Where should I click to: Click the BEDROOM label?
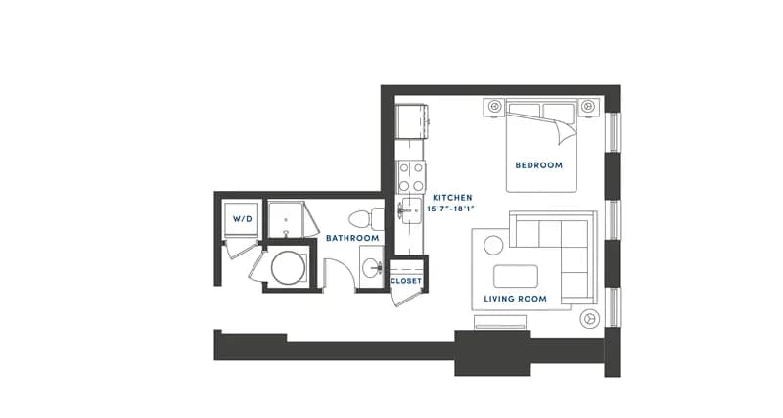(539, 165)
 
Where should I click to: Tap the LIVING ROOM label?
(516, 299)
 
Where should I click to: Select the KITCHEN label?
(452, 198)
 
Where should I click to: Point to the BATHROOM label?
(352, 238)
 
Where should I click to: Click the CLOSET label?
(406, 281)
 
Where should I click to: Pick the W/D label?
(243, 219)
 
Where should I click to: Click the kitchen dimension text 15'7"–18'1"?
(450, 209)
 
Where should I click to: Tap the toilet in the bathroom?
(366, 219)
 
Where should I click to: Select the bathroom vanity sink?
(371, 267)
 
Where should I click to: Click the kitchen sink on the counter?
(411, 210)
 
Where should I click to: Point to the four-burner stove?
(411, 177)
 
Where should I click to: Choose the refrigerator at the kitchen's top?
(412, 121)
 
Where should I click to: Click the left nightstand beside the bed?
(494, 107)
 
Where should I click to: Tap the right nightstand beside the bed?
(589, 107)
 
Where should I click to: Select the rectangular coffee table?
(516, 277)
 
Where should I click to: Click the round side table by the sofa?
(493, 245)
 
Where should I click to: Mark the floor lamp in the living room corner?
(590, 318)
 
